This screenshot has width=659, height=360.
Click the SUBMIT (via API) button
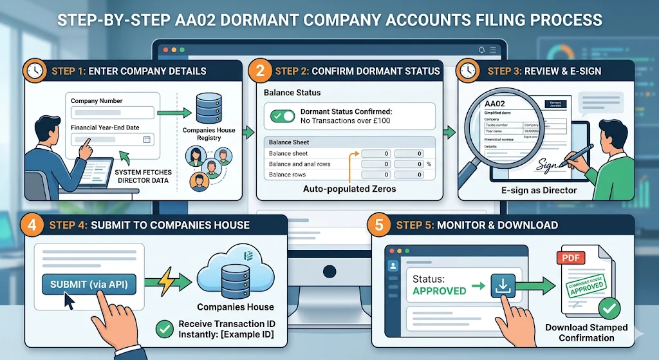(89, 284)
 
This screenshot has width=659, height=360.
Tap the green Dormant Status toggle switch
(283, 117)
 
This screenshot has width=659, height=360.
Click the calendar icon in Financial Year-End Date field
(147, 139)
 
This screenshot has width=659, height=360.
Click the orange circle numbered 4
(32, 225)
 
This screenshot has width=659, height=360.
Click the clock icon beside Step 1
(35, 70)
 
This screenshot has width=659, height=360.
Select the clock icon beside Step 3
(468, 70)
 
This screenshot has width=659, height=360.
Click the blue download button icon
(504, 285)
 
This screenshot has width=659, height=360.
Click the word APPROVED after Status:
(439, 291)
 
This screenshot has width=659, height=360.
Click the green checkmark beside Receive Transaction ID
(165, 329)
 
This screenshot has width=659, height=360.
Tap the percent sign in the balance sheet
(429, 164)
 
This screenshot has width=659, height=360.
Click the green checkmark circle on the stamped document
(608, 308)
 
